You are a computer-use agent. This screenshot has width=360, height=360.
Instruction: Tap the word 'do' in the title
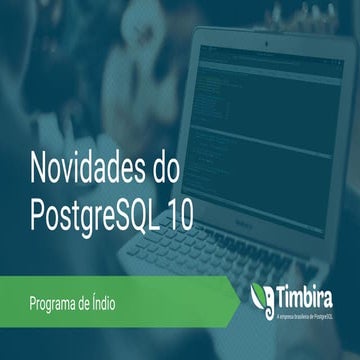click(x=165, y=165)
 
